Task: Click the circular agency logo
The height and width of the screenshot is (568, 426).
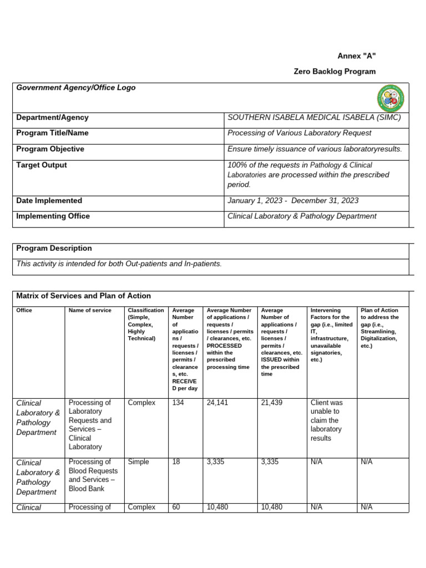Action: (390, 98)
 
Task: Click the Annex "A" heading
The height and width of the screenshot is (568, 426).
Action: (357, 56)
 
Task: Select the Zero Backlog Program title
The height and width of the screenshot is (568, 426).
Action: (334, 72)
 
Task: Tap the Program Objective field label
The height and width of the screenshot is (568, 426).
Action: (50, 149)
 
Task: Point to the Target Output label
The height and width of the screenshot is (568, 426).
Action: (42, 165)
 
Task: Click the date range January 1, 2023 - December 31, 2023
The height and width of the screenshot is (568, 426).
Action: (293, 201)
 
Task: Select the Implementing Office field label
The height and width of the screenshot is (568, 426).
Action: (53, 216)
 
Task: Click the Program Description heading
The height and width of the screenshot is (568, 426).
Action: (54, 248)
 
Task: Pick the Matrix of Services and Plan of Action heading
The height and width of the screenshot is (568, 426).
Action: (84, 296)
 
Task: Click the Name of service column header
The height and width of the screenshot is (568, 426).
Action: (90, 311)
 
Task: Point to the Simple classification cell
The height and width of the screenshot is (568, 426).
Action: (139, 462)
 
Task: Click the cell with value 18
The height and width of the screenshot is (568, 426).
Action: (176, 462)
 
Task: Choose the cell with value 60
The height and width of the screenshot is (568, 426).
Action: (176, 507)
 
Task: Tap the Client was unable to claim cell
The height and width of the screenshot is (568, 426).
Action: (327, 420)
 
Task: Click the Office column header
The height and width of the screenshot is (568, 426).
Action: (24, 311)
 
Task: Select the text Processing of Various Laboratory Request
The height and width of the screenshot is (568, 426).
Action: (300, 133)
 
